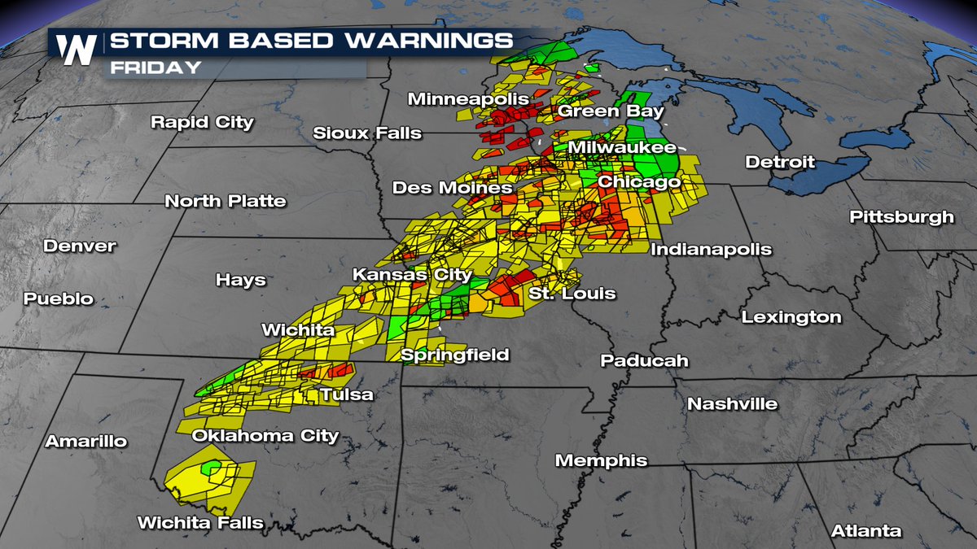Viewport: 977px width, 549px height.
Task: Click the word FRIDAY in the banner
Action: point(156,68)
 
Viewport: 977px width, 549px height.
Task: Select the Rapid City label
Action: point(202,123)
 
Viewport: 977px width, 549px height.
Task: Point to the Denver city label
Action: point(80,246)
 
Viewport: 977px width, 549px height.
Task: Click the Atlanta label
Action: point(866,531)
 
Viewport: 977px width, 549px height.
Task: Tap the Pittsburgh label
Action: point(901,217)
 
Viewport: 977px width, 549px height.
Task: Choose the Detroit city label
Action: point(780,163)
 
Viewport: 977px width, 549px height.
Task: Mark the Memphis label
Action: point(601,460)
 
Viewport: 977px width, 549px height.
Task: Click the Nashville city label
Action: point(732,403)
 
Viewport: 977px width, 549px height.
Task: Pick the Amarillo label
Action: point(86,442)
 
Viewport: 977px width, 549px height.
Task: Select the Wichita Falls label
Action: point(200,522)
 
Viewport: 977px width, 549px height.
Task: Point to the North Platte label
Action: point(226,201)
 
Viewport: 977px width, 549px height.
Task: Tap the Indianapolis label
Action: point(711,250)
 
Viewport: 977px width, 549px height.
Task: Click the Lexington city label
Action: point(791,317)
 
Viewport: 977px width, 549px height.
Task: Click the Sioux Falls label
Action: point(368,133)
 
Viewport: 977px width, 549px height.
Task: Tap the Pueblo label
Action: point(58,298)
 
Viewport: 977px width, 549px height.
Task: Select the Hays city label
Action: point(240,280)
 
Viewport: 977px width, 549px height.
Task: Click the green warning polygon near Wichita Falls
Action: point(212,468)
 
